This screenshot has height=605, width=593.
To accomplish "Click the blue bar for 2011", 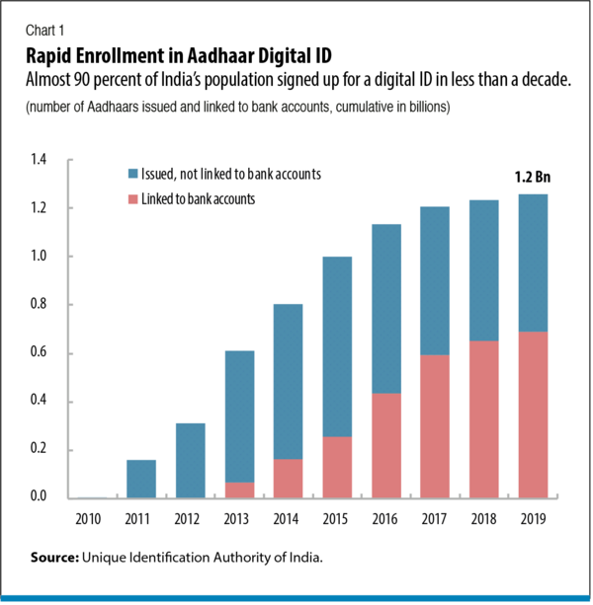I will point(139,479).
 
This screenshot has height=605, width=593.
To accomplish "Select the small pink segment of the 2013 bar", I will point(238,490).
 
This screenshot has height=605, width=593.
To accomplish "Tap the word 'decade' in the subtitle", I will point(546,80).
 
